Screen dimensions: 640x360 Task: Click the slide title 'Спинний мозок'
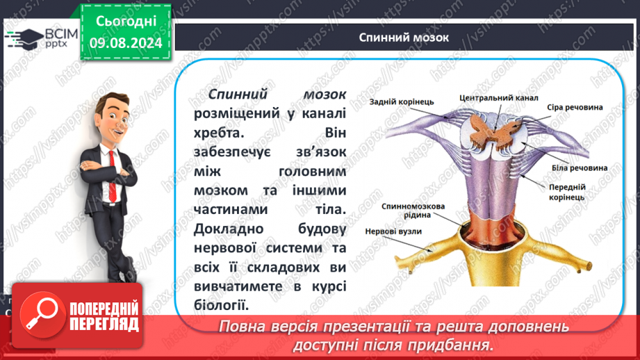click(404, 38)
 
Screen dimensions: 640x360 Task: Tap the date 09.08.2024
click(126, 43)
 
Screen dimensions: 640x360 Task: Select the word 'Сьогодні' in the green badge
click(126, 22)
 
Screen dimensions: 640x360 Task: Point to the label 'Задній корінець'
click(402, 101)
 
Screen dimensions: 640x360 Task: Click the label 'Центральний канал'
click(499, 98)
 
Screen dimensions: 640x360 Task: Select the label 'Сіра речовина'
click(575, 107)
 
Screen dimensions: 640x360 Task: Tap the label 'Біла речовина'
click(580, 167)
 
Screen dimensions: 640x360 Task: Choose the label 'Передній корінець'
click(567, 193)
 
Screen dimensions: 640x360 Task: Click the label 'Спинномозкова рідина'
click(413, 211)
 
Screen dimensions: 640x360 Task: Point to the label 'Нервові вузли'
click(393, 231)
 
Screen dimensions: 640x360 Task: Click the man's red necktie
click(113, 176)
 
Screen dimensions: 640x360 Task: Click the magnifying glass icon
click(42, 314)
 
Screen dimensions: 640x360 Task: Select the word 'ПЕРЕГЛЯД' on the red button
click(104, 325)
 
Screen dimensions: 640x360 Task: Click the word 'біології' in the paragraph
click(221, 305)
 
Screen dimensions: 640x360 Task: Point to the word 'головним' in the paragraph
click(312, 172)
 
